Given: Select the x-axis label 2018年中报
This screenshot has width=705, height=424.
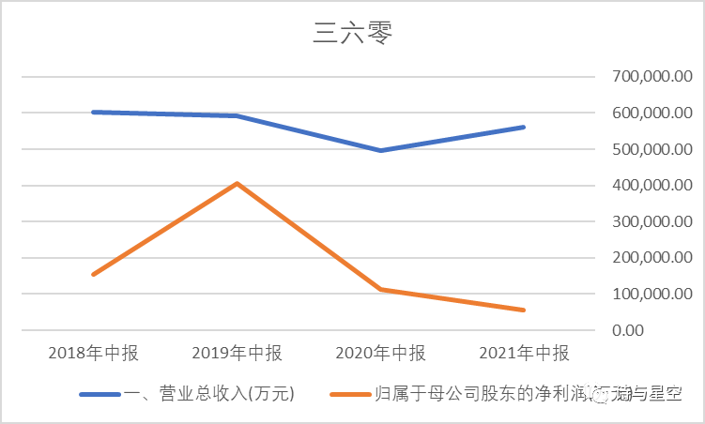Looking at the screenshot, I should pos(92,354).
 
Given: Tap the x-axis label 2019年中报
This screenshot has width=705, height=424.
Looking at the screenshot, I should pos(237,354).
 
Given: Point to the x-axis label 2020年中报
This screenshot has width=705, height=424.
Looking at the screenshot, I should pos(380,354).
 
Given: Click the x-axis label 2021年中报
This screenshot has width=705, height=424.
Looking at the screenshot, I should pos(524,354).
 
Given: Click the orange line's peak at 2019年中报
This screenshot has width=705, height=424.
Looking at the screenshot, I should pos(238,183).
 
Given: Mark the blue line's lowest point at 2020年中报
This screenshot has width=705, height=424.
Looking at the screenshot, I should pos(380,150).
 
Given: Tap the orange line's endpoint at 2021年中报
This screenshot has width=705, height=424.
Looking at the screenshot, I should pos(524,310).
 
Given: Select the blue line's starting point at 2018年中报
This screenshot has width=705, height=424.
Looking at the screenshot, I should pos(93,112).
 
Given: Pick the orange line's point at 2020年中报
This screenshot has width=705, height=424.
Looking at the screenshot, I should pos(380,289).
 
